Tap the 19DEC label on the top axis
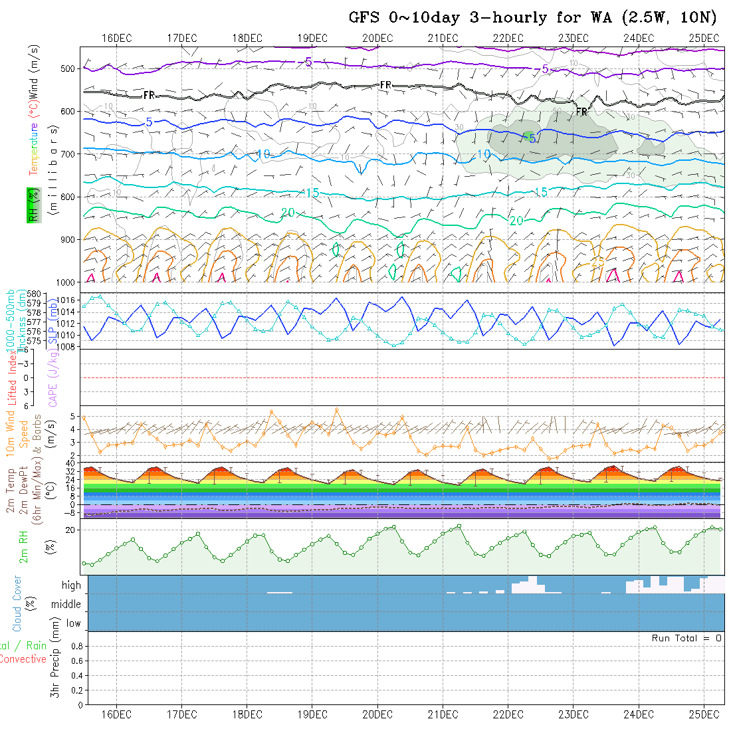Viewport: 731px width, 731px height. click(312, 38)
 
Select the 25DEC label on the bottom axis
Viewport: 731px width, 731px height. click(704, 714)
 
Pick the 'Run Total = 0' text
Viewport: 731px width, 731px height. click(686, 638)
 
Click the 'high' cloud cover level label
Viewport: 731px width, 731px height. click(71, 585)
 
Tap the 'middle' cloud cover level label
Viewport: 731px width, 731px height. click(66, 604)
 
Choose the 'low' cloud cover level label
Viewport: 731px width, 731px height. click(73, 623)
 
